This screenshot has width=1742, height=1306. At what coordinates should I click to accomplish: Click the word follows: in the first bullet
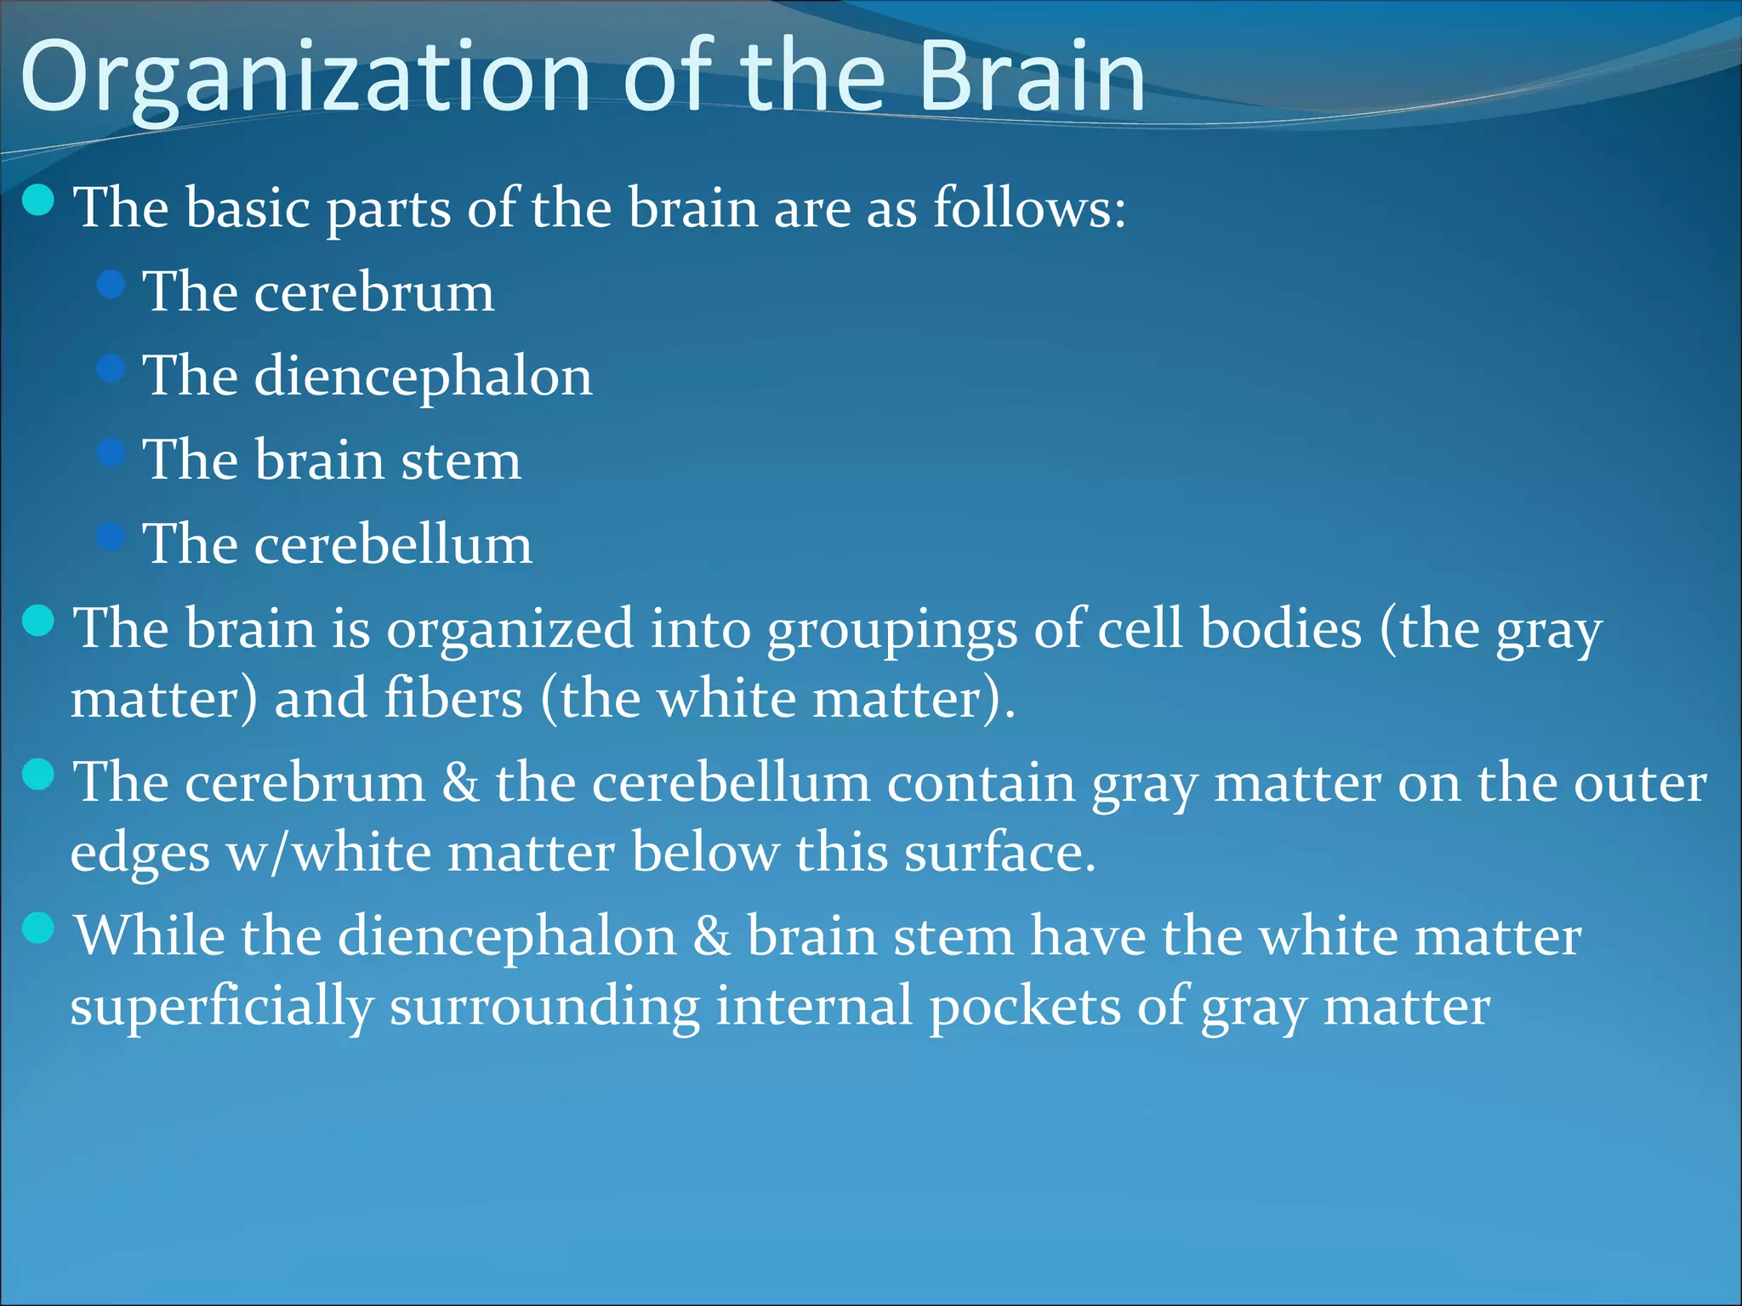pyautogui.click(x=1029, y=207)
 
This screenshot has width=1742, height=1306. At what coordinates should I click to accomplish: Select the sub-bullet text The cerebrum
pyautogui.click(x=318, y=292)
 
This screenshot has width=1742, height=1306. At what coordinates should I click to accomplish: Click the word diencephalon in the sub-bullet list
pyautogui.click(x=423, y=377)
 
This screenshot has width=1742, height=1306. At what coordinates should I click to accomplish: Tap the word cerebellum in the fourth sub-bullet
pyautogui.click(x=393, y=544)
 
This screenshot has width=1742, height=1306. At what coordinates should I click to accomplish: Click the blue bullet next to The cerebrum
pyautogui.click(x=111, y=284)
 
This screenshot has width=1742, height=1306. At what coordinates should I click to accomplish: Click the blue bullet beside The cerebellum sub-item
pyautogui.click(x=111, y=537)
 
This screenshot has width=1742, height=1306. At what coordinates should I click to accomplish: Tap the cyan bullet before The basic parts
pyautogui.click(x=38, y=201)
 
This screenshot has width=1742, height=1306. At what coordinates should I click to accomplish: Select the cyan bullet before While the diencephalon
pyautogui.click(x=38, y=928)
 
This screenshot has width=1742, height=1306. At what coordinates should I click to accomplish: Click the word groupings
pyautogui.click(x=892, y=631)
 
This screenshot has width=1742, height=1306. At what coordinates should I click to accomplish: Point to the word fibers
pyautogui.click(x=453, y=700)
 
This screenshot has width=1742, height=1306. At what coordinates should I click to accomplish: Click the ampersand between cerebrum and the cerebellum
pyautogui.click(x=460, y=783)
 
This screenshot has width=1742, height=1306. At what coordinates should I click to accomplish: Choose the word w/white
pyautogui.click(x=328, y=854)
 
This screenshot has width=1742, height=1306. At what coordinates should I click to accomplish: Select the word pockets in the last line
pyautogui.click(x=1024, y=1008)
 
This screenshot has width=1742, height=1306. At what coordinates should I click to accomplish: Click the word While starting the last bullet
pyautogui.click(x=150, y=937)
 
